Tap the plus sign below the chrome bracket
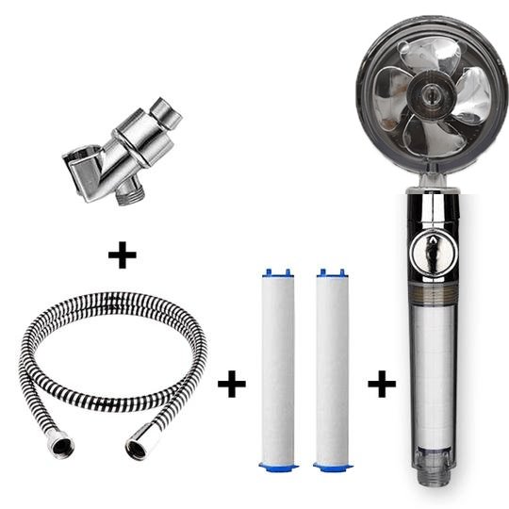click(x=122, y=254)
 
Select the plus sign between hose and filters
click(x=231, y=384)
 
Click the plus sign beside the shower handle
click(x=381, y=384)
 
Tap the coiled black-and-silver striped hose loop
click(x=113, y=349)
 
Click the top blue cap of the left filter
click(x=276, y=273)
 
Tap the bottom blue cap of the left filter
click(x=278, y=466)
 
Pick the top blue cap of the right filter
click(x=332, y=273)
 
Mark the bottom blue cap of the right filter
click(x=333, y=466)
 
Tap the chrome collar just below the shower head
click(x=434, y=197)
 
